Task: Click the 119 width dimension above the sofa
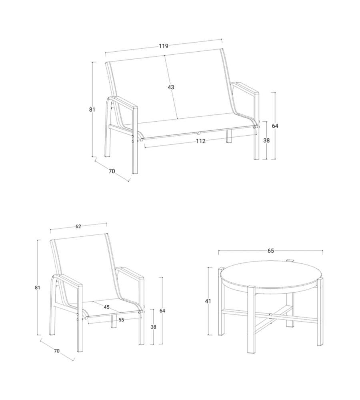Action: point(164,46)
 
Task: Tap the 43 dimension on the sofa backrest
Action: point(171,87)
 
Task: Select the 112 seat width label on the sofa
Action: point(200,141)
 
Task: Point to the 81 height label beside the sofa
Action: point(92,110)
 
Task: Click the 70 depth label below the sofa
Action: point(112,171)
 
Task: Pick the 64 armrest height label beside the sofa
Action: point(275,126)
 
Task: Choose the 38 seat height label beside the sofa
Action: point(266,140)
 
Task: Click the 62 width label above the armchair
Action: point(78,226)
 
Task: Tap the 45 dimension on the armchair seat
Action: point(107,307)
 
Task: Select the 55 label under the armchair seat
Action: point(121,320)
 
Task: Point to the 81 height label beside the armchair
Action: point(38,288)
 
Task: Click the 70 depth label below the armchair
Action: point(57,351)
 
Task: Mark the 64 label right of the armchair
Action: point(162,311)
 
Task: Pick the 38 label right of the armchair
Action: point(153,327)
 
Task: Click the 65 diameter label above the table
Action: point(271,251)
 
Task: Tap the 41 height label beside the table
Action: point(208,301)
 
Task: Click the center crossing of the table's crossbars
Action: point(271,314)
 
